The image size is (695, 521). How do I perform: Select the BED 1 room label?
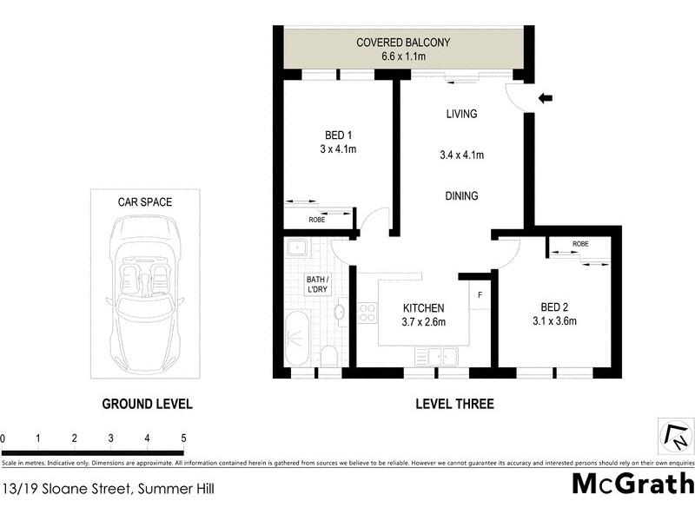[x=338, y=135]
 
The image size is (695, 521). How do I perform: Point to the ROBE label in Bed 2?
[x=579, y=245]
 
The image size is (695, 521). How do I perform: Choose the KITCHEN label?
[x=423, y=308]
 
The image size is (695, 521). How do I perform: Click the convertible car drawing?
[x=145, y=293]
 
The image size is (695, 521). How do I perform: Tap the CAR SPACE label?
[x=145, y=202]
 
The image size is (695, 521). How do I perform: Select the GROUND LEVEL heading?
[x=147, y=404]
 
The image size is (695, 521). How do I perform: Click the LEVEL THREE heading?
[x=454, y=404]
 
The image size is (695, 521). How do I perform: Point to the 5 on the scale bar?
[x=183, y=439]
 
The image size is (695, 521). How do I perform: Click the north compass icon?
[x=675, y=436]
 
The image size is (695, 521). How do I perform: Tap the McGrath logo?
[x=632, y=485]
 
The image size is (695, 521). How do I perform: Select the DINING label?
[x=461, y=196]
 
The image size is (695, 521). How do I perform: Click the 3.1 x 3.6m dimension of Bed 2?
[x=554, y=322]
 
